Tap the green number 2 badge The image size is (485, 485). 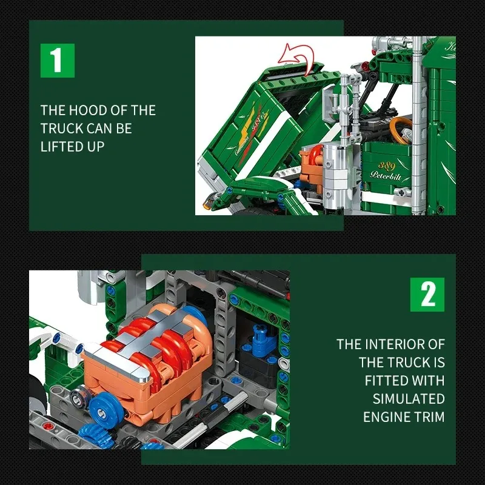[427, 295]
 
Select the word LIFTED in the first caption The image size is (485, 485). [60, 147]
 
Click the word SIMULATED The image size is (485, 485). [409, 399]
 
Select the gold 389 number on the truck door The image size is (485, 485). [387, 165]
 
